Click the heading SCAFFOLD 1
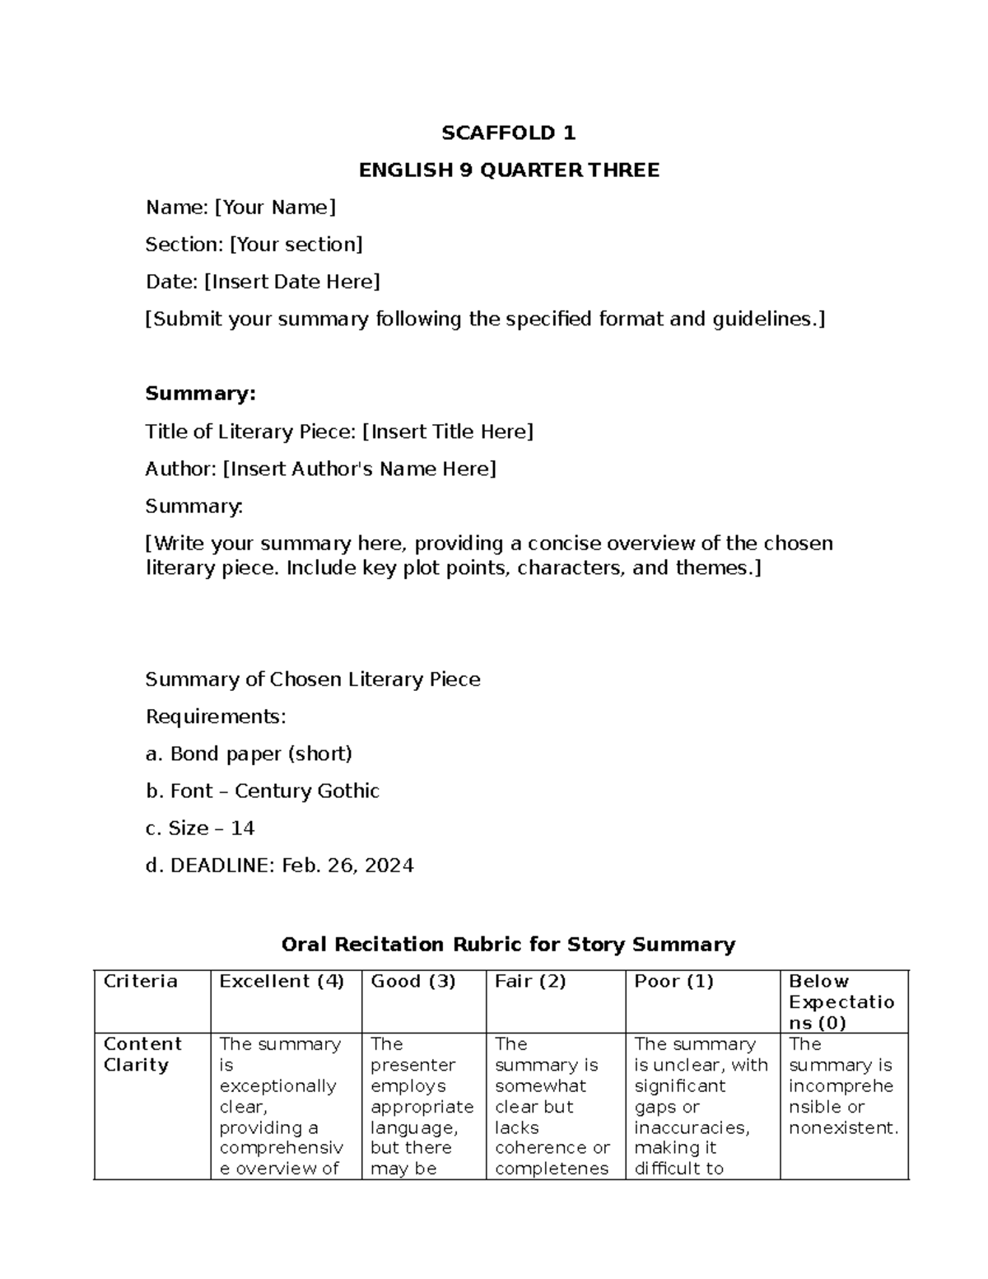pos(508,133)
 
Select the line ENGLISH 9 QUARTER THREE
pos(508,170)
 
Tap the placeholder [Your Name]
pos(275,208)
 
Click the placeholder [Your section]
pos(296,245)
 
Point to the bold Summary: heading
pos(200,394)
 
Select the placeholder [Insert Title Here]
pos(448,432)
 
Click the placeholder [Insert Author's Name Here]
pos(360,469)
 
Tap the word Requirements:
pos(216,717)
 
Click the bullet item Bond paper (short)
pos(261,754)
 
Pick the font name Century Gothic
pos(307,791)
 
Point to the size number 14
pos(243,828)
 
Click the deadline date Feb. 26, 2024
pos(347,866)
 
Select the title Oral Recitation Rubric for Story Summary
pos(508,945)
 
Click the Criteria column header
pos(141,981)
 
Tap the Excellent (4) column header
pos(282,981)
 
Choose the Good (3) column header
pos(413,981)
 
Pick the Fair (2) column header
pos(530,981)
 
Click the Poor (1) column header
pos(673,981)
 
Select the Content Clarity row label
pos(142,1054)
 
